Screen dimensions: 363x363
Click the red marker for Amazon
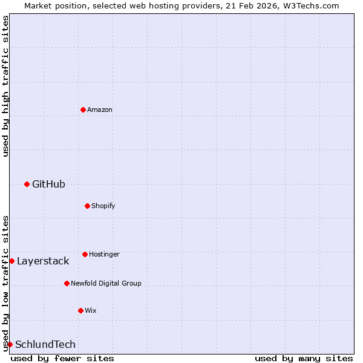coord(83,110)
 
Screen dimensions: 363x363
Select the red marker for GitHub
coord(27,184)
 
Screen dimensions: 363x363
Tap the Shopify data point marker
coord(87,206)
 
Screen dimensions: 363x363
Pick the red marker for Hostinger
coord(85,254)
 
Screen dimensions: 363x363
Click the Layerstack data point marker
coord(11,261)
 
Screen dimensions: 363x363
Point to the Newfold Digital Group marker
coord(67,283)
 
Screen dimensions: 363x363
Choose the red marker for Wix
coord(80,310)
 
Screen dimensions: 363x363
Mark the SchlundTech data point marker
coord(10,344)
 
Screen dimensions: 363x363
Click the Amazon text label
coord(100,110)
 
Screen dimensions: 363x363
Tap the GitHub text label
coord(48,184)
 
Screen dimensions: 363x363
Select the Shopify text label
coord(103,206)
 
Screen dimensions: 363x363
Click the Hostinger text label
coord(104,254)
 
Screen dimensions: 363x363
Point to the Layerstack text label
coord(43,261)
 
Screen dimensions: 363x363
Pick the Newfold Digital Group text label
coord(106,283)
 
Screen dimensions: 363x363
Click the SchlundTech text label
coord(45,344)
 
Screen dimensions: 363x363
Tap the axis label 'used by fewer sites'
coord(62,358)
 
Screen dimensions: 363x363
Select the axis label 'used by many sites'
coord(304,358)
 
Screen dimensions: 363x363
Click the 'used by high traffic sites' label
coord(5,86)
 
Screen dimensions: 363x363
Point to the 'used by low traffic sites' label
coord(5,283)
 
